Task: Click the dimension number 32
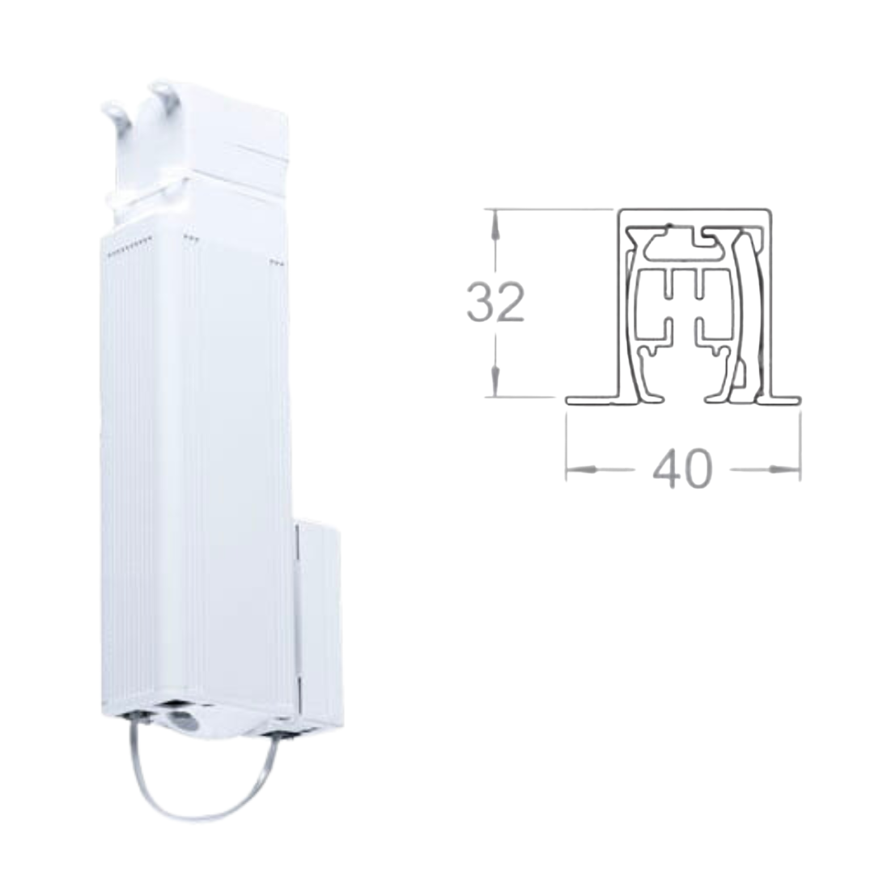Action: click(x=495, y=302)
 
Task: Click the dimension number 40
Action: click(x=682, y=469)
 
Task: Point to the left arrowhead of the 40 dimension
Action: click(x=581, y=469)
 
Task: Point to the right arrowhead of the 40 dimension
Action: click(x=786, y=469)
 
